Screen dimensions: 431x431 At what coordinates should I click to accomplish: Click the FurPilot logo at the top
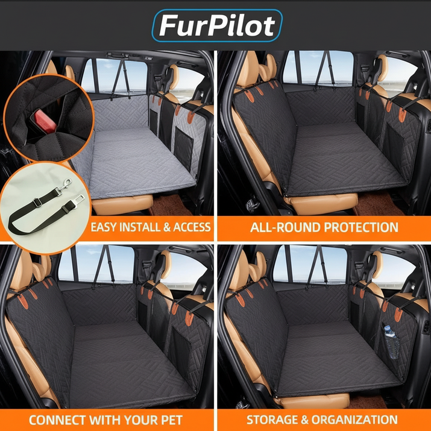coord(217,25)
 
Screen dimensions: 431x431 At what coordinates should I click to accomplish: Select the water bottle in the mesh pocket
coord(391,342)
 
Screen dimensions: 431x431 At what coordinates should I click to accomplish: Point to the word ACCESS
coord(192,227)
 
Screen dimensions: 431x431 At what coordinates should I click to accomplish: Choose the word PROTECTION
coord(361,227)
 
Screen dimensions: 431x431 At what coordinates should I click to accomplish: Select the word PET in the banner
coord(171,420)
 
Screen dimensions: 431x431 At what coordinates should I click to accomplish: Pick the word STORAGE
coord(272,420)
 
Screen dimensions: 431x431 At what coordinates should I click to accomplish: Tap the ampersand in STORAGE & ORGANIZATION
coord(304,420)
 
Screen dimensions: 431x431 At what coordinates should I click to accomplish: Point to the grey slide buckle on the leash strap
coord(37,203)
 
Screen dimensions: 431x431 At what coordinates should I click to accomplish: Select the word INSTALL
coord(140,227)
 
